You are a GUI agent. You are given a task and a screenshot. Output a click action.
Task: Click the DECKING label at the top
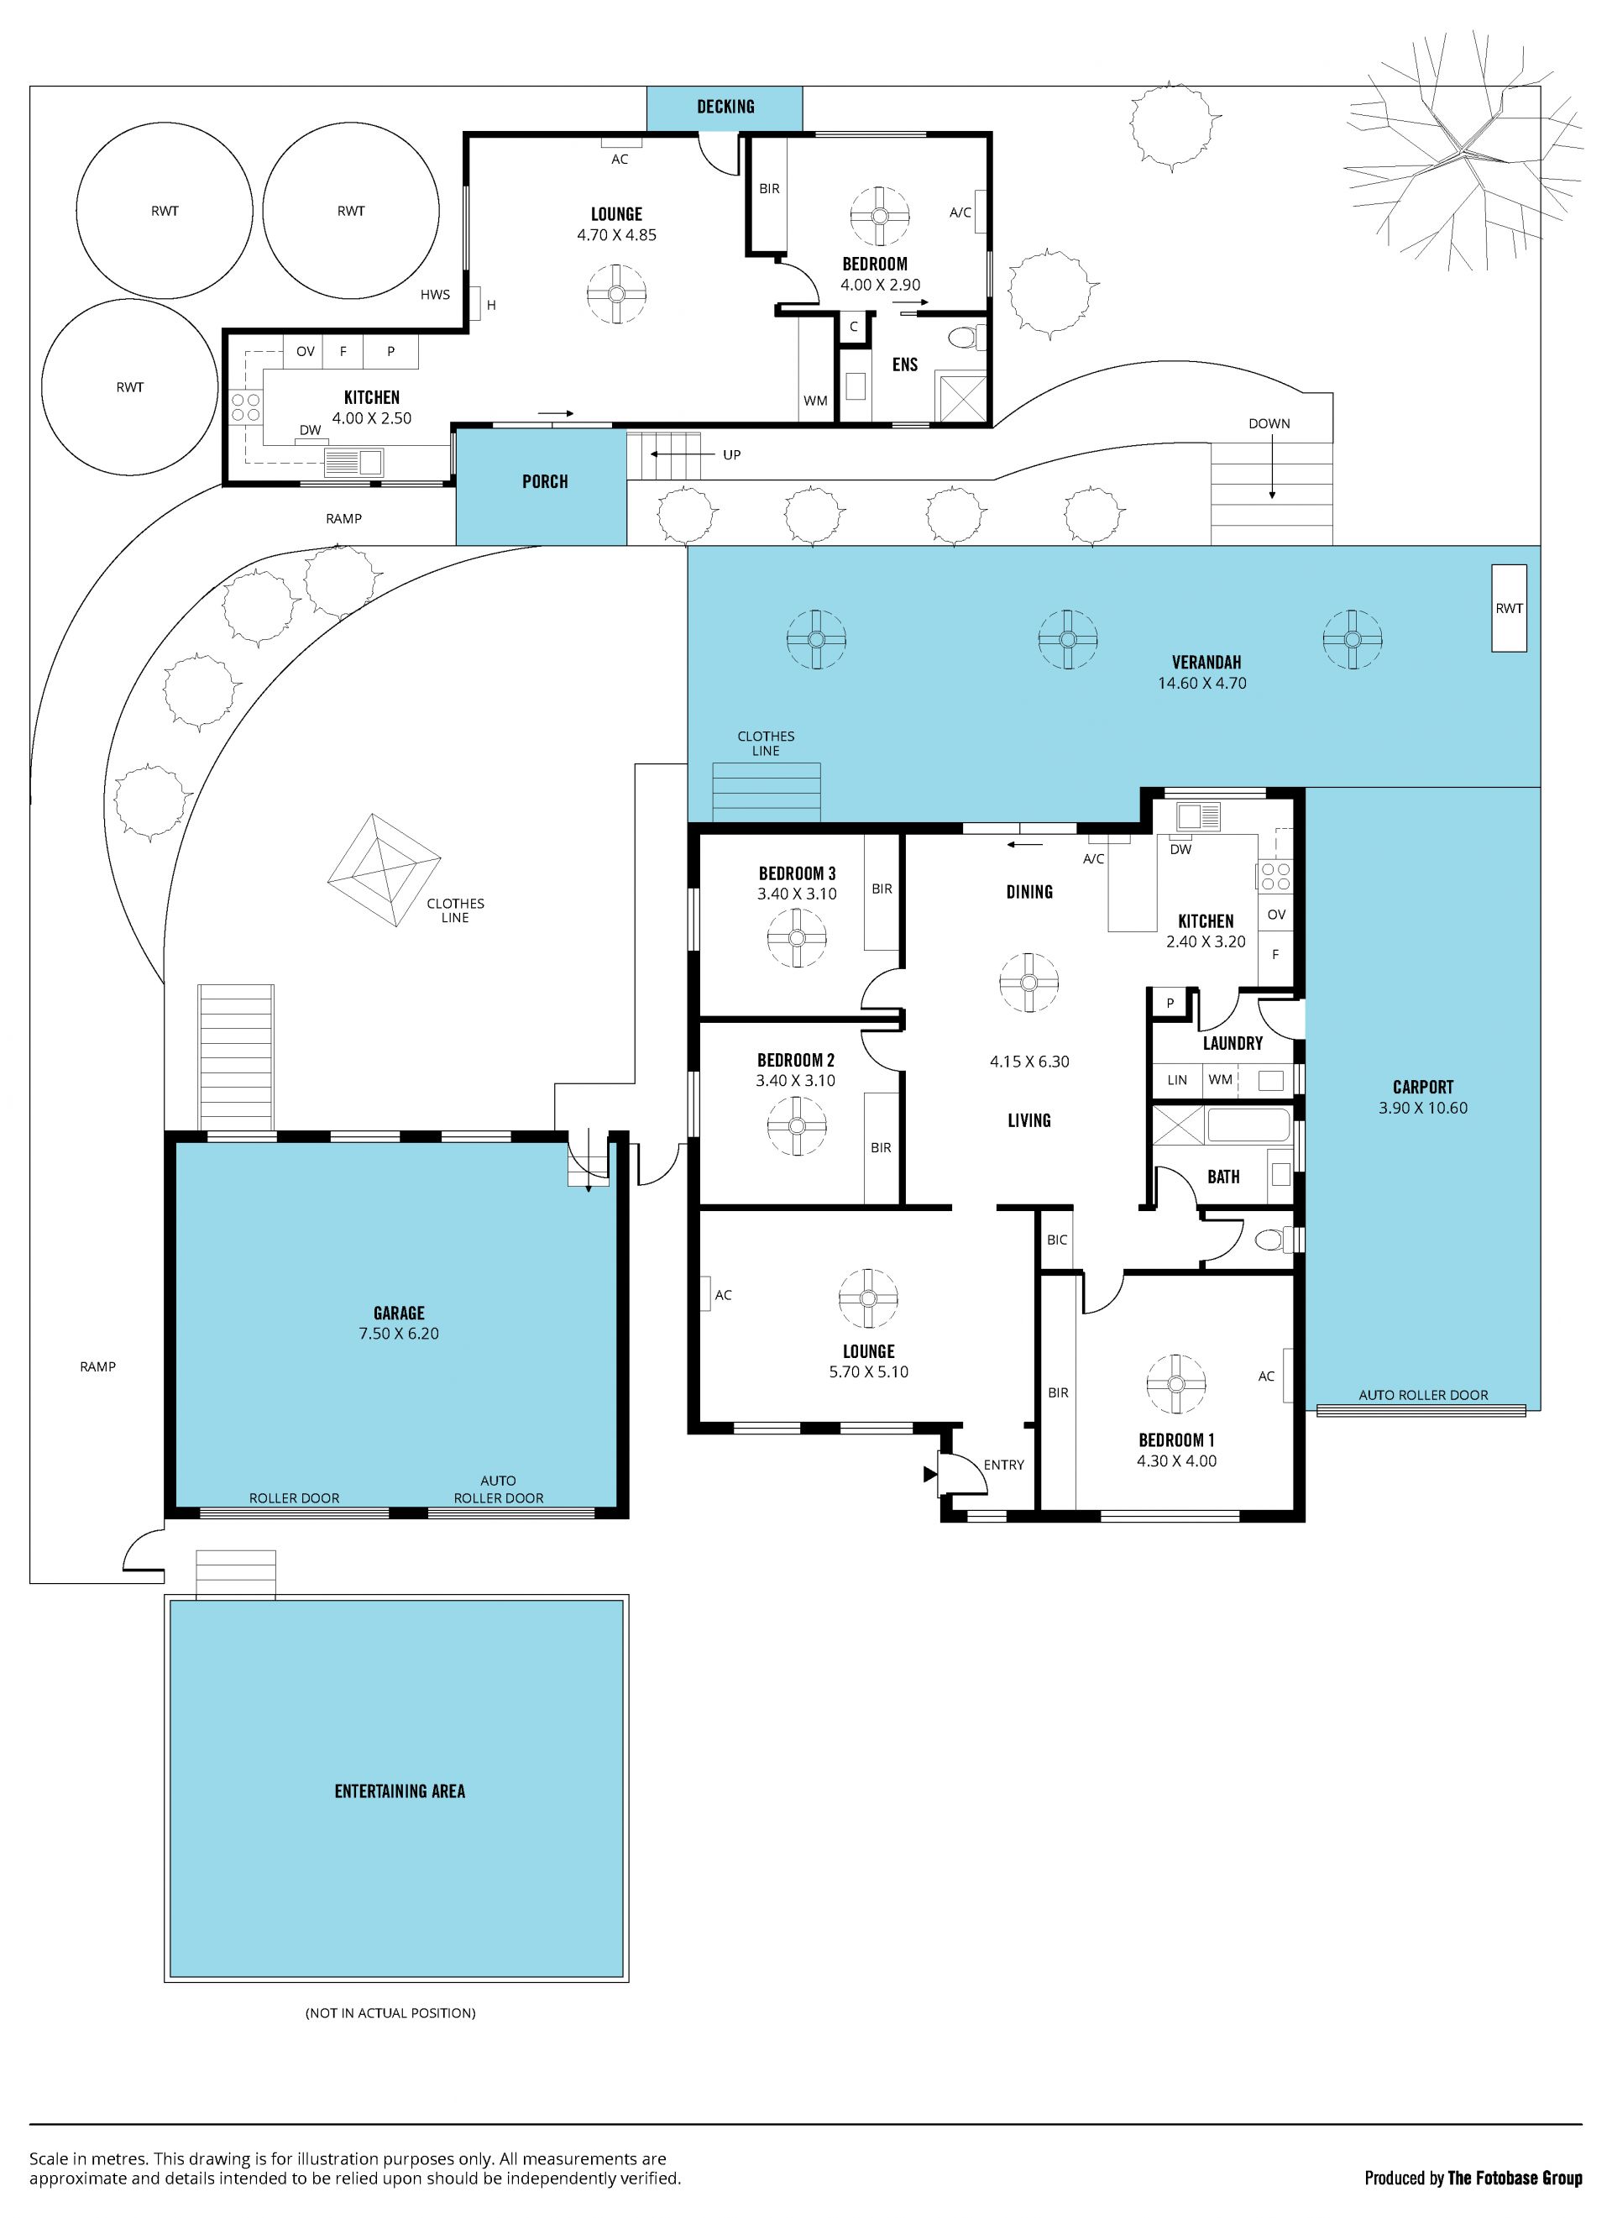(725, 107)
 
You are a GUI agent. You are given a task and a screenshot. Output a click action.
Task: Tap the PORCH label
(545, 481)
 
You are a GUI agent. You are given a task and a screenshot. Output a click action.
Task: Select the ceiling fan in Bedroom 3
(797, 938)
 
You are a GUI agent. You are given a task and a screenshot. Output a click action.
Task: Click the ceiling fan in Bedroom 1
(1176, 1384)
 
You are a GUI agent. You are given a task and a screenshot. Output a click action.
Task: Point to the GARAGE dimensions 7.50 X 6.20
(399, 1334)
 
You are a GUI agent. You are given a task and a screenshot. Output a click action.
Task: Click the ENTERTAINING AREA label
(400, 1791)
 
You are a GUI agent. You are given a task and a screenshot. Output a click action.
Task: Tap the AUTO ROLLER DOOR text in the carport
(1423, 1396)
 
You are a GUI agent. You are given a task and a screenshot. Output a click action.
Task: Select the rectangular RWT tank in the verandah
(1509, 608)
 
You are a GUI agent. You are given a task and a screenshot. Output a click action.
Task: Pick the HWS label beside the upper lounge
(435, 295)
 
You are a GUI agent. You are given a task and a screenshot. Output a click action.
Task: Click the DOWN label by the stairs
(1269, 423)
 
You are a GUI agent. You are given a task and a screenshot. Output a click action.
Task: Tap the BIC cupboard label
(1057, 1240)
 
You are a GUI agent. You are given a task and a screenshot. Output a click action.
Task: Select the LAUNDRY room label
(1233, 1043)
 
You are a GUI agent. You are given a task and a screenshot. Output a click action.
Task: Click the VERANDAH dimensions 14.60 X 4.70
(1202, 684)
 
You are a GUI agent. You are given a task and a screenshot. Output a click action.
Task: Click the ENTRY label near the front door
(1004, 1465)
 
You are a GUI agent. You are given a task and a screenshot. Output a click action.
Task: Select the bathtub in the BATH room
(1249, 1125)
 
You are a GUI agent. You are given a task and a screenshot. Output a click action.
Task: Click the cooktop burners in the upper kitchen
(244, 406)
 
